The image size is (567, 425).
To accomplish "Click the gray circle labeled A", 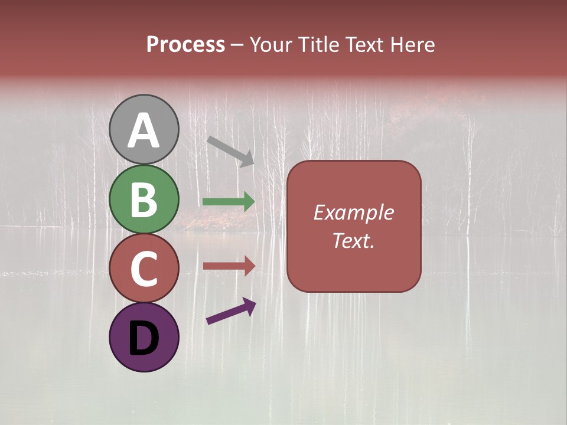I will pos(144,129).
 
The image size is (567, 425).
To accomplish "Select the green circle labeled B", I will pos(144,199).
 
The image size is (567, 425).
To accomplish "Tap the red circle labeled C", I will pos(144,268).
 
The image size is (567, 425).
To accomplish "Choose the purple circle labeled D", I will pos(144,337).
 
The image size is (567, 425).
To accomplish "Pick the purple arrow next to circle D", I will pos(231,312).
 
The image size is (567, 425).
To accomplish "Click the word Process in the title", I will pos(185,45).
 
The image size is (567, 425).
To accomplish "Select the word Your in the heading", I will pos(271,45).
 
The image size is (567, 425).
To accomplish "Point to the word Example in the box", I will pos(353,212).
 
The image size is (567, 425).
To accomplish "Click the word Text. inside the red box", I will pos(353,240).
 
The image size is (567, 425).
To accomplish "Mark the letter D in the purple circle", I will pos(144,339).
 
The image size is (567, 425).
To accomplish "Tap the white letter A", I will pos(144,130).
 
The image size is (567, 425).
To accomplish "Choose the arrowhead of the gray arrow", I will pos(247,159).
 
